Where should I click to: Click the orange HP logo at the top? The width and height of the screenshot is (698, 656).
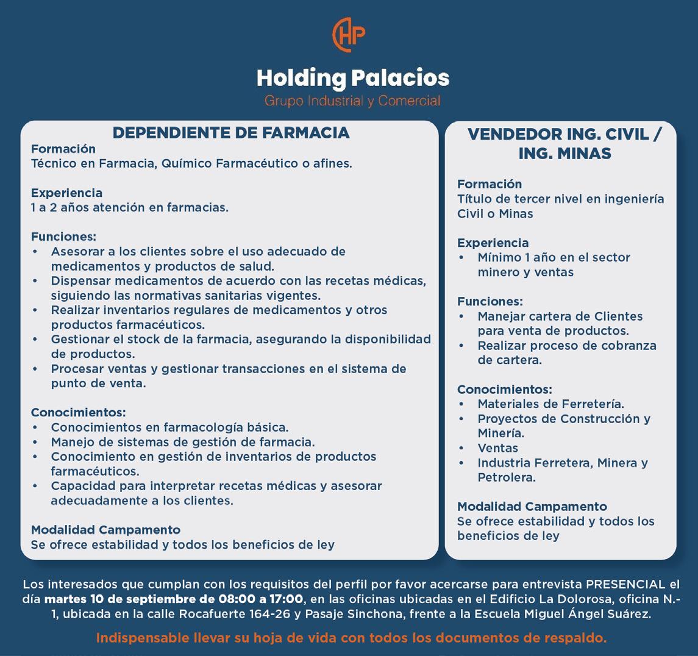click(349, 35)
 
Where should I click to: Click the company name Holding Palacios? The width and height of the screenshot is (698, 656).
click(352, 78)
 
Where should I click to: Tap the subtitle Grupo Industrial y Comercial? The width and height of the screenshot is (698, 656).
click(352, 101)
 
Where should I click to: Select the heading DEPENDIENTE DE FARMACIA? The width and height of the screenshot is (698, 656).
click(231, 133)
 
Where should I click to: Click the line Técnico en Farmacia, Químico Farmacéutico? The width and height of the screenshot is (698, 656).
click(191, 163)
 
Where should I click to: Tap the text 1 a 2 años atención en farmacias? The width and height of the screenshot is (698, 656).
click(130, 207)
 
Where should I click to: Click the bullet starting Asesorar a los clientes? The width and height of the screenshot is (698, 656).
click(198, 251)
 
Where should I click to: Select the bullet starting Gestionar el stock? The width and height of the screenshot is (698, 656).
click(241, 339)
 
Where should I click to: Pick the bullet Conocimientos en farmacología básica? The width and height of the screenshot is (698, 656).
click(169, 427)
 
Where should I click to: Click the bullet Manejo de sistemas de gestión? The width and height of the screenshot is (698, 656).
click(183, 441)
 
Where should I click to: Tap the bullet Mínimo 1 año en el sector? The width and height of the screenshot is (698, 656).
click(554, 257)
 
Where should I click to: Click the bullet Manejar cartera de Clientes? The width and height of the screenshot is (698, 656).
click(560, 316)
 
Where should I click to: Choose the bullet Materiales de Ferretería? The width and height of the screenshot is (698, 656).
click(550, 404)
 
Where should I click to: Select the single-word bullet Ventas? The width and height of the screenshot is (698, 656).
click(497, 447)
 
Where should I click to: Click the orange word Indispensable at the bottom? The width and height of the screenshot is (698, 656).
click(143, 638)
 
